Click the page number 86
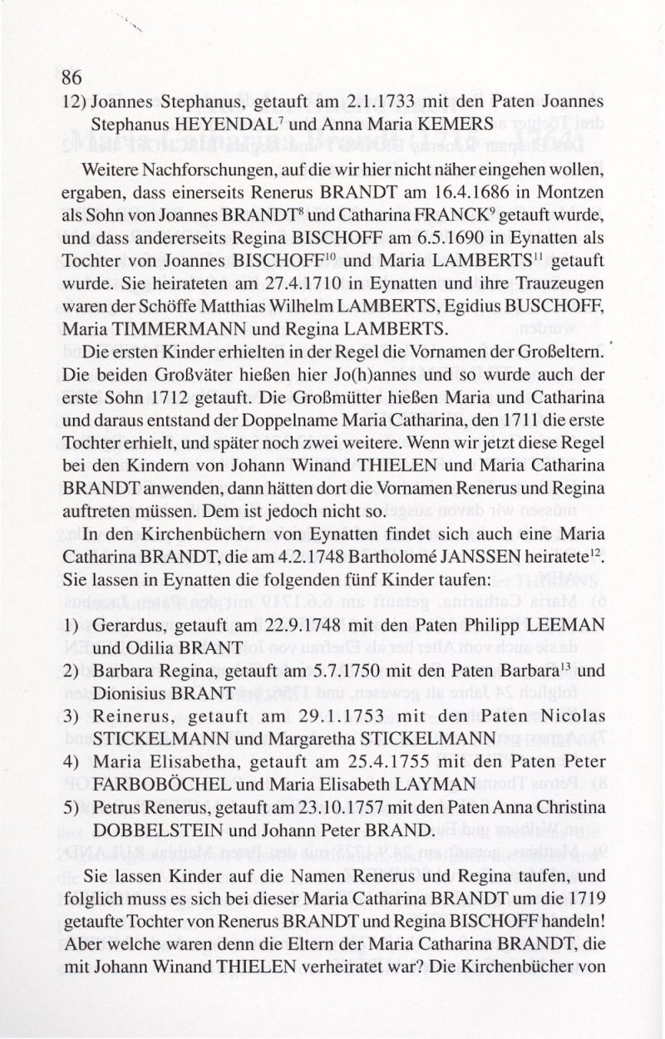click(71, 78)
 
